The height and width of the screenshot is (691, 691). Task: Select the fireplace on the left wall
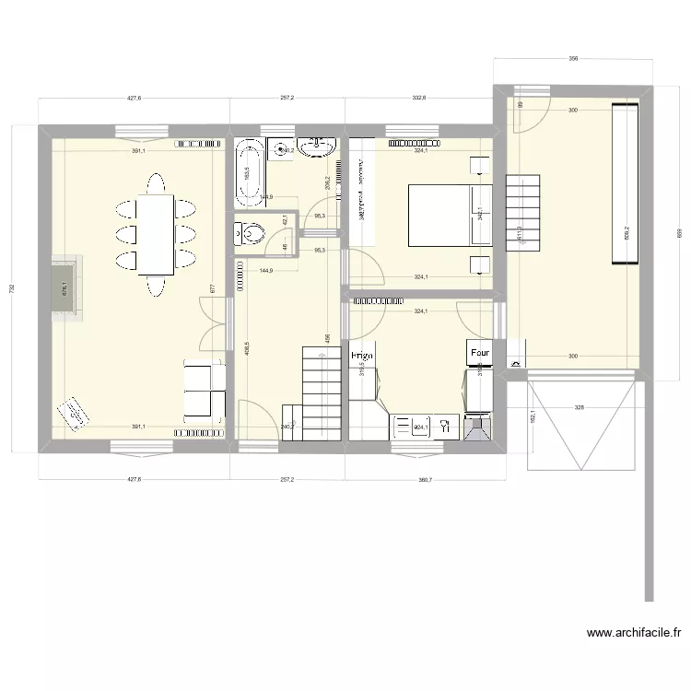pos(65,290)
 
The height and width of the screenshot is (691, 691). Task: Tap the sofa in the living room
pos(205,390)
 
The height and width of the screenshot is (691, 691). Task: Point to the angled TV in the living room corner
pos(72,414)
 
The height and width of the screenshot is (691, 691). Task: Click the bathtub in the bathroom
pos(248,171)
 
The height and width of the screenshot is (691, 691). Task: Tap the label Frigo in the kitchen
pos(361,355)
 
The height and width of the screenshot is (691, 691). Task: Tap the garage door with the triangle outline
pos(581,425)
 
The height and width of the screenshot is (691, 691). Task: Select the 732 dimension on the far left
pos(12,288)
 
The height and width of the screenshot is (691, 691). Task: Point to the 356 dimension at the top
pos(572,59)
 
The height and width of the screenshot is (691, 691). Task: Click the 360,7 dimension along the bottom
pos(424,479)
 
